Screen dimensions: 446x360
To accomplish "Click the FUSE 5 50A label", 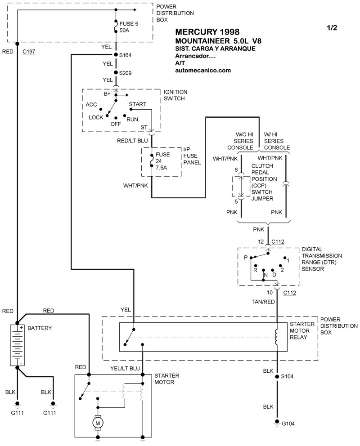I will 126,27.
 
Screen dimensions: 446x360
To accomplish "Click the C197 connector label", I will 29,52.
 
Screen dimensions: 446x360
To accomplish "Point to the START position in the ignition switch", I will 137,104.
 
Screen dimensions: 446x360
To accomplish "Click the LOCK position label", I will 96,117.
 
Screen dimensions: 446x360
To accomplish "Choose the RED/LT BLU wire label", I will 132,141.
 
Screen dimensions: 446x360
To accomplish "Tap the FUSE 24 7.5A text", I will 162,161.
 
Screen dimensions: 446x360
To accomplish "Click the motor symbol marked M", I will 97,422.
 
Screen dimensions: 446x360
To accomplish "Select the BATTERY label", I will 40,328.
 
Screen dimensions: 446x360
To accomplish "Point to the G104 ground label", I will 288,424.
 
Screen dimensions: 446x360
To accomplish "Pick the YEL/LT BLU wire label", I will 125,369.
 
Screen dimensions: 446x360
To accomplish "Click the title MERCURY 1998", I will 207,32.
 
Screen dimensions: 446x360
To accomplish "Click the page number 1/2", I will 332,27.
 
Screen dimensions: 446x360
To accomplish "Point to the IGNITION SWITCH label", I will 175,95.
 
